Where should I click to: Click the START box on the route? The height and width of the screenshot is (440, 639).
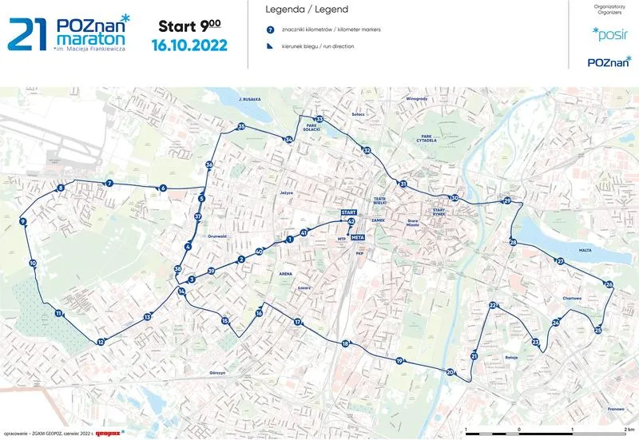click(x=347, y=212)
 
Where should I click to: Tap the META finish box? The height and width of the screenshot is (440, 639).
click(x=358, y=237)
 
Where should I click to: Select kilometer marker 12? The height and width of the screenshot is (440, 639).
click(x=101, y=342)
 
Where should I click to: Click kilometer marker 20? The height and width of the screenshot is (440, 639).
click(x=450, y=372)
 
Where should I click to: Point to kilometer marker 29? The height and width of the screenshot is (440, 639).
click(x=506, y=201)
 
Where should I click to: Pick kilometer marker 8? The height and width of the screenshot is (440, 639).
click(x=61, y=188)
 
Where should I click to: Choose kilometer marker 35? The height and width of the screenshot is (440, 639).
click(x=241, y=127)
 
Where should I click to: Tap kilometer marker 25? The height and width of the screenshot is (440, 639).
click(x=597, y=330)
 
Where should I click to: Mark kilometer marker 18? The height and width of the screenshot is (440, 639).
click(x=345, y=343)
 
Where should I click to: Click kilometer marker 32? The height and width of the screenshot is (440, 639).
click(x=367, y=150)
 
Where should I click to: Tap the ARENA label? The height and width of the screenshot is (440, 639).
click(x=285, y=273)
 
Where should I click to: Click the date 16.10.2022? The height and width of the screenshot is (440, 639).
click(x=189, y=44)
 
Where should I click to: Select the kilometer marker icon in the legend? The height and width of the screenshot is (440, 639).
click(x=271, y=30)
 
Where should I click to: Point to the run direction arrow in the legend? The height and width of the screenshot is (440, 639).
click(x=271, y=46)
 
